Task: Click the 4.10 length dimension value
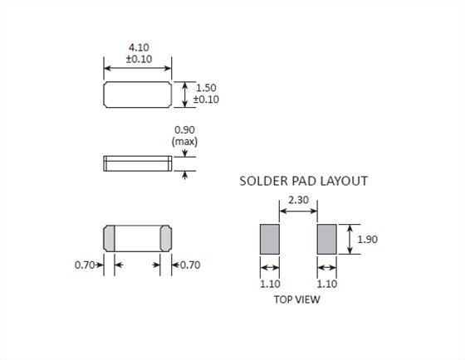(x=139, y=47)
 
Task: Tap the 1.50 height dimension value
(x=206, y=88)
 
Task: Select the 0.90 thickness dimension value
(x=184, y=129)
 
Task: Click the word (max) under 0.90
(x=184, y=141)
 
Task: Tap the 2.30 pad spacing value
(x=298, y=200)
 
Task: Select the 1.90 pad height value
(x=367, y=240)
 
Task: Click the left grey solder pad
(x=270, y=239)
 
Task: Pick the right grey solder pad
(x=327, y=239)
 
